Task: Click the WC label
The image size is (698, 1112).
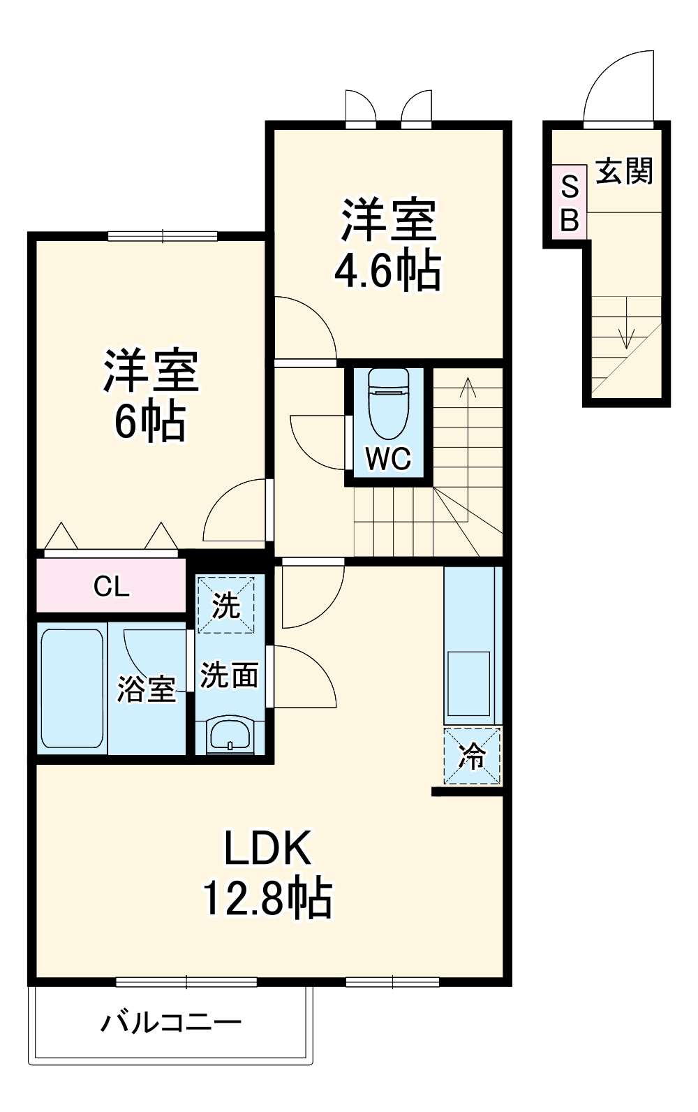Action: coord(389,459)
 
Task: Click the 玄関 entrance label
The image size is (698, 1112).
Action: coord(624,172)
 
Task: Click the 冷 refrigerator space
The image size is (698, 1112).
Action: coord(473,756)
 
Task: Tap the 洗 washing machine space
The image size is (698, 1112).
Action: coord(225,605)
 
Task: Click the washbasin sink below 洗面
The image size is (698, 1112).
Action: coord(230,736)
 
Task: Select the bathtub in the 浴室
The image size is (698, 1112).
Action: coord(72,688)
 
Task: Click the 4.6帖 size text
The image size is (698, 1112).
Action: coord(388,271)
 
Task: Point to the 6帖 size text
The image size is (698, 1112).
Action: coord(150,422)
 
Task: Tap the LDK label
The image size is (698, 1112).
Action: coord(267,848)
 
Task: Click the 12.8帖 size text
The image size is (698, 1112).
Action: coord(267,898)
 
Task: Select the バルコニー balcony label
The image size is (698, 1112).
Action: coord(172,1023)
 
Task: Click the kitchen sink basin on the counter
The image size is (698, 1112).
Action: coord(468,684)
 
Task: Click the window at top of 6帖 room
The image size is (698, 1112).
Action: coord(163,236)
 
